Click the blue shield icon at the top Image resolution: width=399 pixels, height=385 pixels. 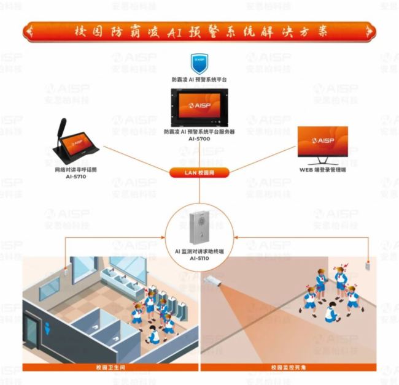(x=199, y=63)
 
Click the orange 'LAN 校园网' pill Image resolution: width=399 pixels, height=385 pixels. (x=199, y=173)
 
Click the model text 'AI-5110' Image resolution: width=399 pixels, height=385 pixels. (x=199, y=259)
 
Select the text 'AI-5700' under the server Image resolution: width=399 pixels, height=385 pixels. (x=199, y=139)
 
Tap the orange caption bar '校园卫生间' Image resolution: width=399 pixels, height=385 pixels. (x=110, y=367)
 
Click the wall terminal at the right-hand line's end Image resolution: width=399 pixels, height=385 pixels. (x=369, y=265)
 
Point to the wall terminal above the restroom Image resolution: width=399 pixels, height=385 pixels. (x=65, y=267)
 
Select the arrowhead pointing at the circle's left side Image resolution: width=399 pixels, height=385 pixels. (x=164, y=236)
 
